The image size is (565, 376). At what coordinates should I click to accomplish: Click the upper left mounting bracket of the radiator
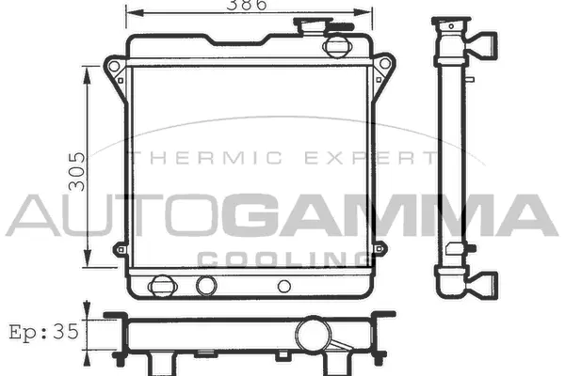(114, 72)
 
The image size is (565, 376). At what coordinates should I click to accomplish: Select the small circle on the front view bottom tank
(283, 286)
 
